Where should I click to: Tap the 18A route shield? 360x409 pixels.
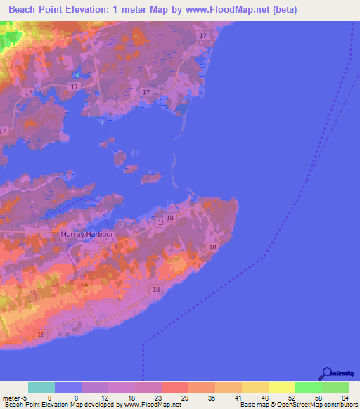coord(82,285)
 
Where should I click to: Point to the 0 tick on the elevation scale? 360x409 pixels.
coord(50,397)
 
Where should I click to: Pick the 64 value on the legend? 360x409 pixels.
coord(345,397)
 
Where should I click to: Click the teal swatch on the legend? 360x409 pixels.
coord(41,387)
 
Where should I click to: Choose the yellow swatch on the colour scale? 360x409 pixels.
coord(282,387)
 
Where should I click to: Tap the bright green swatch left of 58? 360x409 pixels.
coord(309,387)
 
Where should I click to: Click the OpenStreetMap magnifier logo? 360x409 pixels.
coord(326,373)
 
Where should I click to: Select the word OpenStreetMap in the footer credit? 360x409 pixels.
coord(289,405)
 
